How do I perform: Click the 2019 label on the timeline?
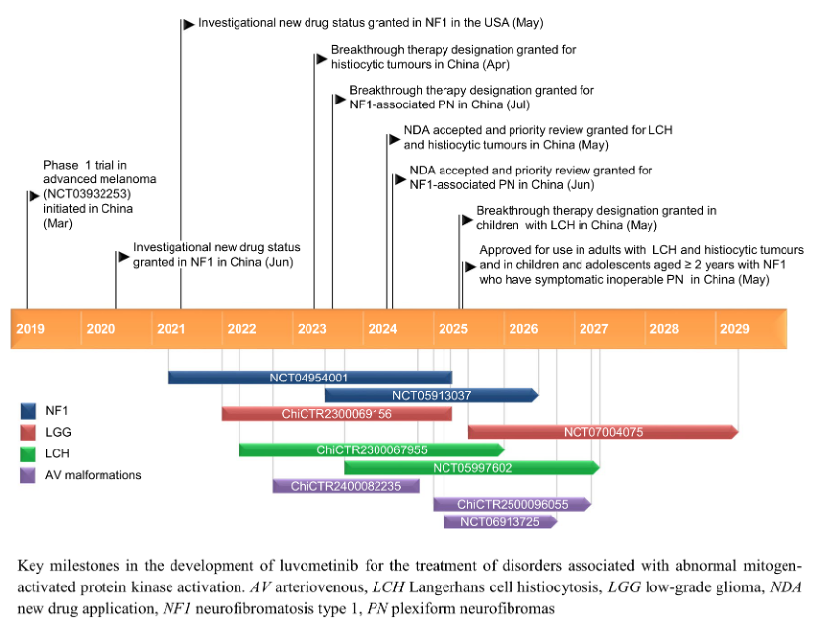pos(30,328)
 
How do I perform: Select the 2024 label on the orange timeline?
pos(381,328)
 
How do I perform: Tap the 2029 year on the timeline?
pos(734,328)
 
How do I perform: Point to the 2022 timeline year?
pos(240,328)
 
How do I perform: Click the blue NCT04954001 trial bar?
pos(308,378)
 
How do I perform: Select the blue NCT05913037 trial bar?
pos(431,395)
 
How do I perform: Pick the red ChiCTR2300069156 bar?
pos(336,413)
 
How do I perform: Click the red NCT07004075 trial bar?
pos(602,431)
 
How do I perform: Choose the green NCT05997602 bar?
pos(471,467)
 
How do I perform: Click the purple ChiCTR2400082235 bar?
pos(346,485)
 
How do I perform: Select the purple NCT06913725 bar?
pos(500,521)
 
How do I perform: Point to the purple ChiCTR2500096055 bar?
pos(512,504)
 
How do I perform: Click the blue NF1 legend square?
pos(29,409)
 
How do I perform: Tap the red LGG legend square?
pos(29,432)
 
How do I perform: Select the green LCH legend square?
pos(29,453)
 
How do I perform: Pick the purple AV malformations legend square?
pos(29,476)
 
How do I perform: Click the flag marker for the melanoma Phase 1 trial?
pos(33,197)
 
